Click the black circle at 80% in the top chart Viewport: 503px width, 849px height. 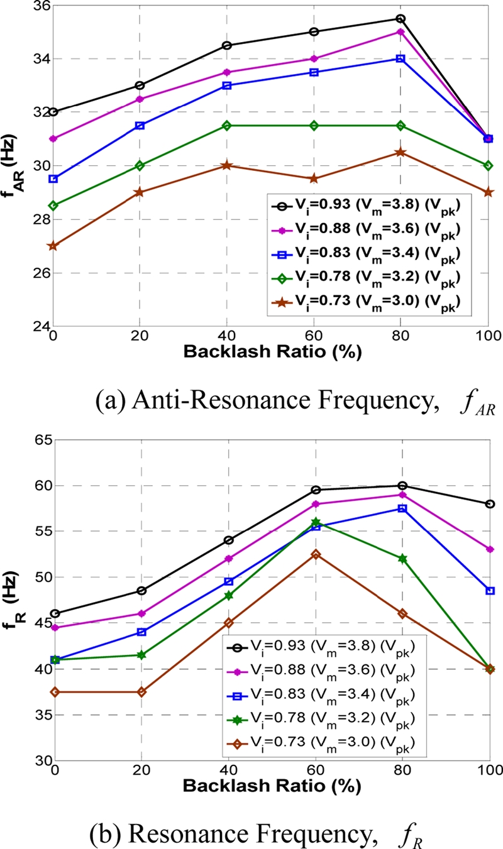(401, 19)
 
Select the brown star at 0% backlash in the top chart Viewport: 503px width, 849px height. (53, 246)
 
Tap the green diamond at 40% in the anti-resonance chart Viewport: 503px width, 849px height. (227, 126)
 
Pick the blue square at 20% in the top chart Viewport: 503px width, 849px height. (140, 126)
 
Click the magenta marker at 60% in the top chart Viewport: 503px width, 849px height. (314, 59)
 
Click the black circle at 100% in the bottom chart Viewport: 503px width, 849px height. (490, 504)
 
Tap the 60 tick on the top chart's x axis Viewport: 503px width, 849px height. (314, 336)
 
